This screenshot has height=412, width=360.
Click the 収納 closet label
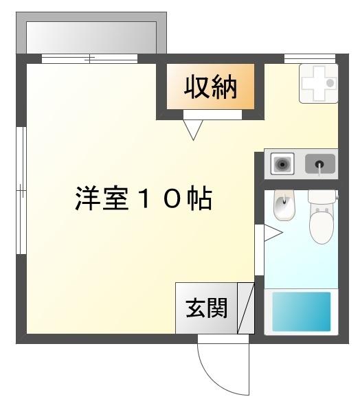coord(210,87)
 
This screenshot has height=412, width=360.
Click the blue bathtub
coord(301,312)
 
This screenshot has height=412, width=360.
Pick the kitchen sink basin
coord(319,164)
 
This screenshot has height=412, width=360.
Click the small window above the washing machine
coord(305,58)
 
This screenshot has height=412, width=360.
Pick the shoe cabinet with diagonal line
coord(246,308)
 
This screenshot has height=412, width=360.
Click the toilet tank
coord(322,196)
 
